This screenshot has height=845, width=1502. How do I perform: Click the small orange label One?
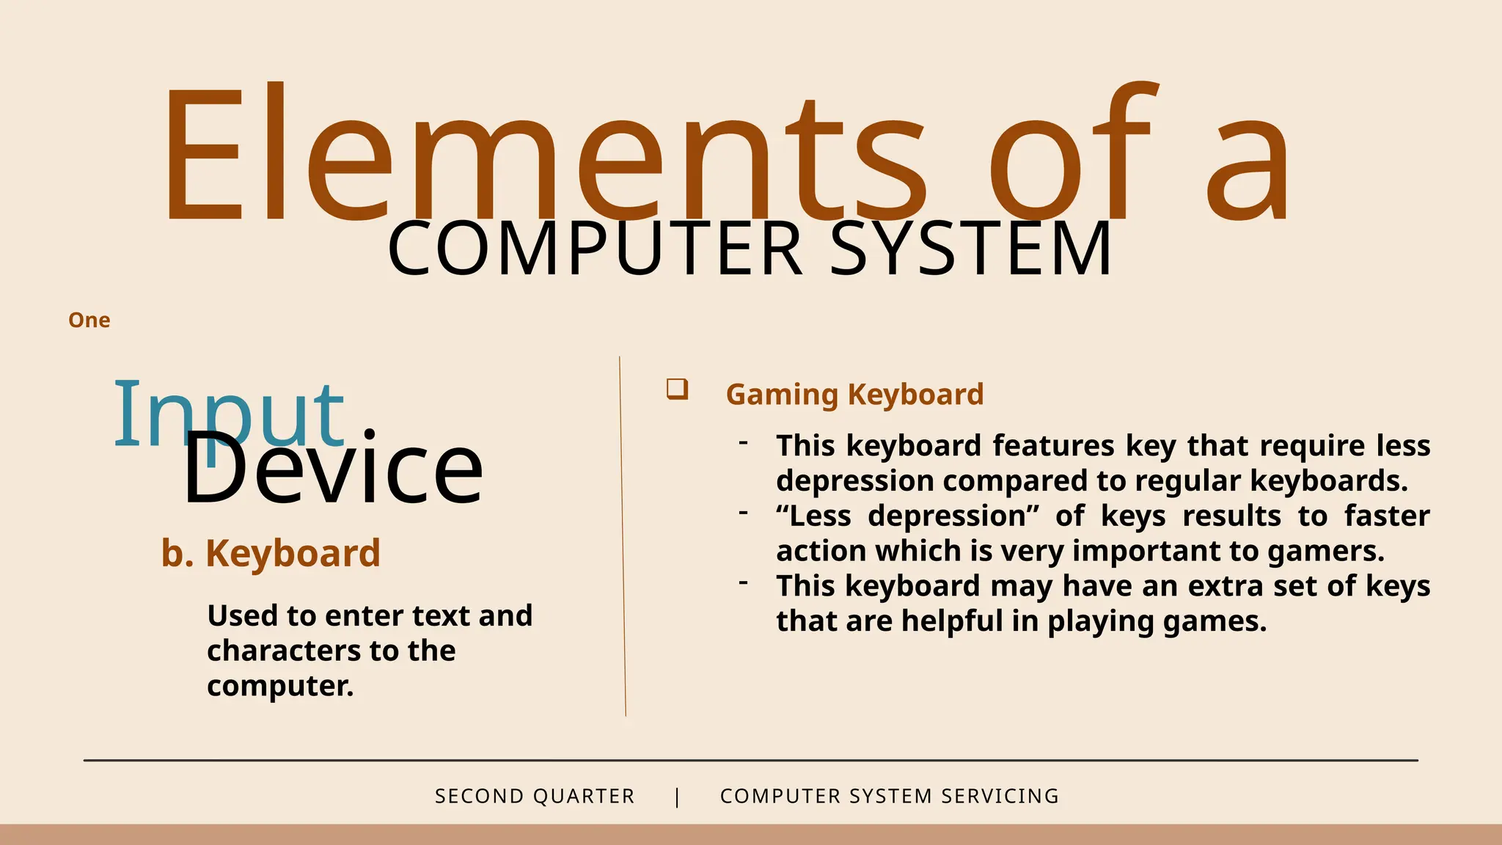coord(89,321)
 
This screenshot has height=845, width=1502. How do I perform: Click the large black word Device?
coord(333,469)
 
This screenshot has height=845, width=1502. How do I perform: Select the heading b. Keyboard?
coord(271,553)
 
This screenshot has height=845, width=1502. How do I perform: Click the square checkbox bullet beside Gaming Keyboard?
coord(677,389)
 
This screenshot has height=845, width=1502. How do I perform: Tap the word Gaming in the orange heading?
coord(782,395)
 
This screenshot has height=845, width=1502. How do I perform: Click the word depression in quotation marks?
coord(953,516)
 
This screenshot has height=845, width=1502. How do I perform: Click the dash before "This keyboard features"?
coord(744,442)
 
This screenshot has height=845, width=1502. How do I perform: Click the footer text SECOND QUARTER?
coord(535,796)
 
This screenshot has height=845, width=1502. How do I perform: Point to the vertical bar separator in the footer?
coord(677,797)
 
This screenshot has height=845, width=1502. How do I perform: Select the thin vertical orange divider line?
coord(623,535)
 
